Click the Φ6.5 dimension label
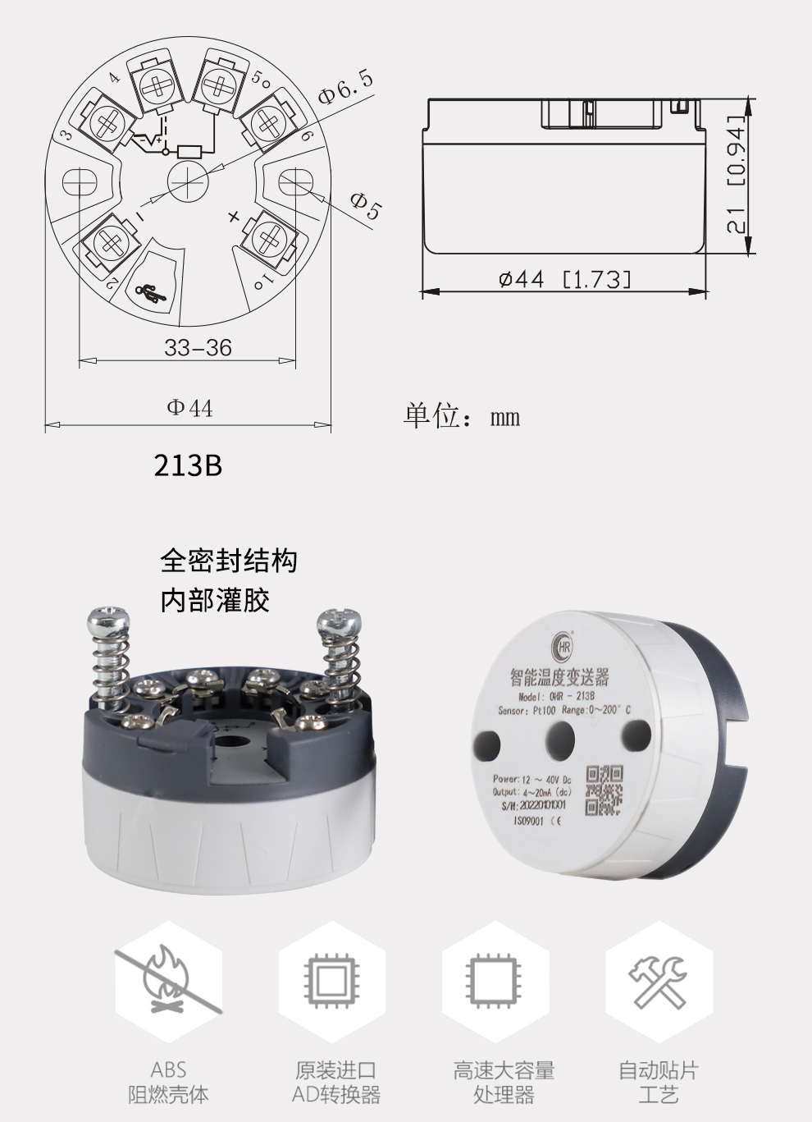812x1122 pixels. tap(345, 87)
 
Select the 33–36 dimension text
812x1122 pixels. tap(198, 347)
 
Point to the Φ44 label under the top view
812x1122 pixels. tap(189, 407)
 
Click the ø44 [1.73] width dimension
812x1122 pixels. tap(566, 279)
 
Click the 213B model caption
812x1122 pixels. tap(188, 465)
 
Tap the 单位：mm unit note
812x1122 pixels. tap(462, 416)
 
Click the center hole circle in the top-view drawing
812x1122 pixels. tap(188, 180)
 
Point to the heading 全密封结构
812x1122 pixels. tap(229, 561)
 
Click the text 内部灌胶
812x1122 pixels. tap(215, 601)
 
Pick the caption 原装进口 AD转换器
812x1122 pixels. tap(336, 1082)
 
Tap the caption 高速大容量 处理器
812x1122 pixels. tap(504, 1082)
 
